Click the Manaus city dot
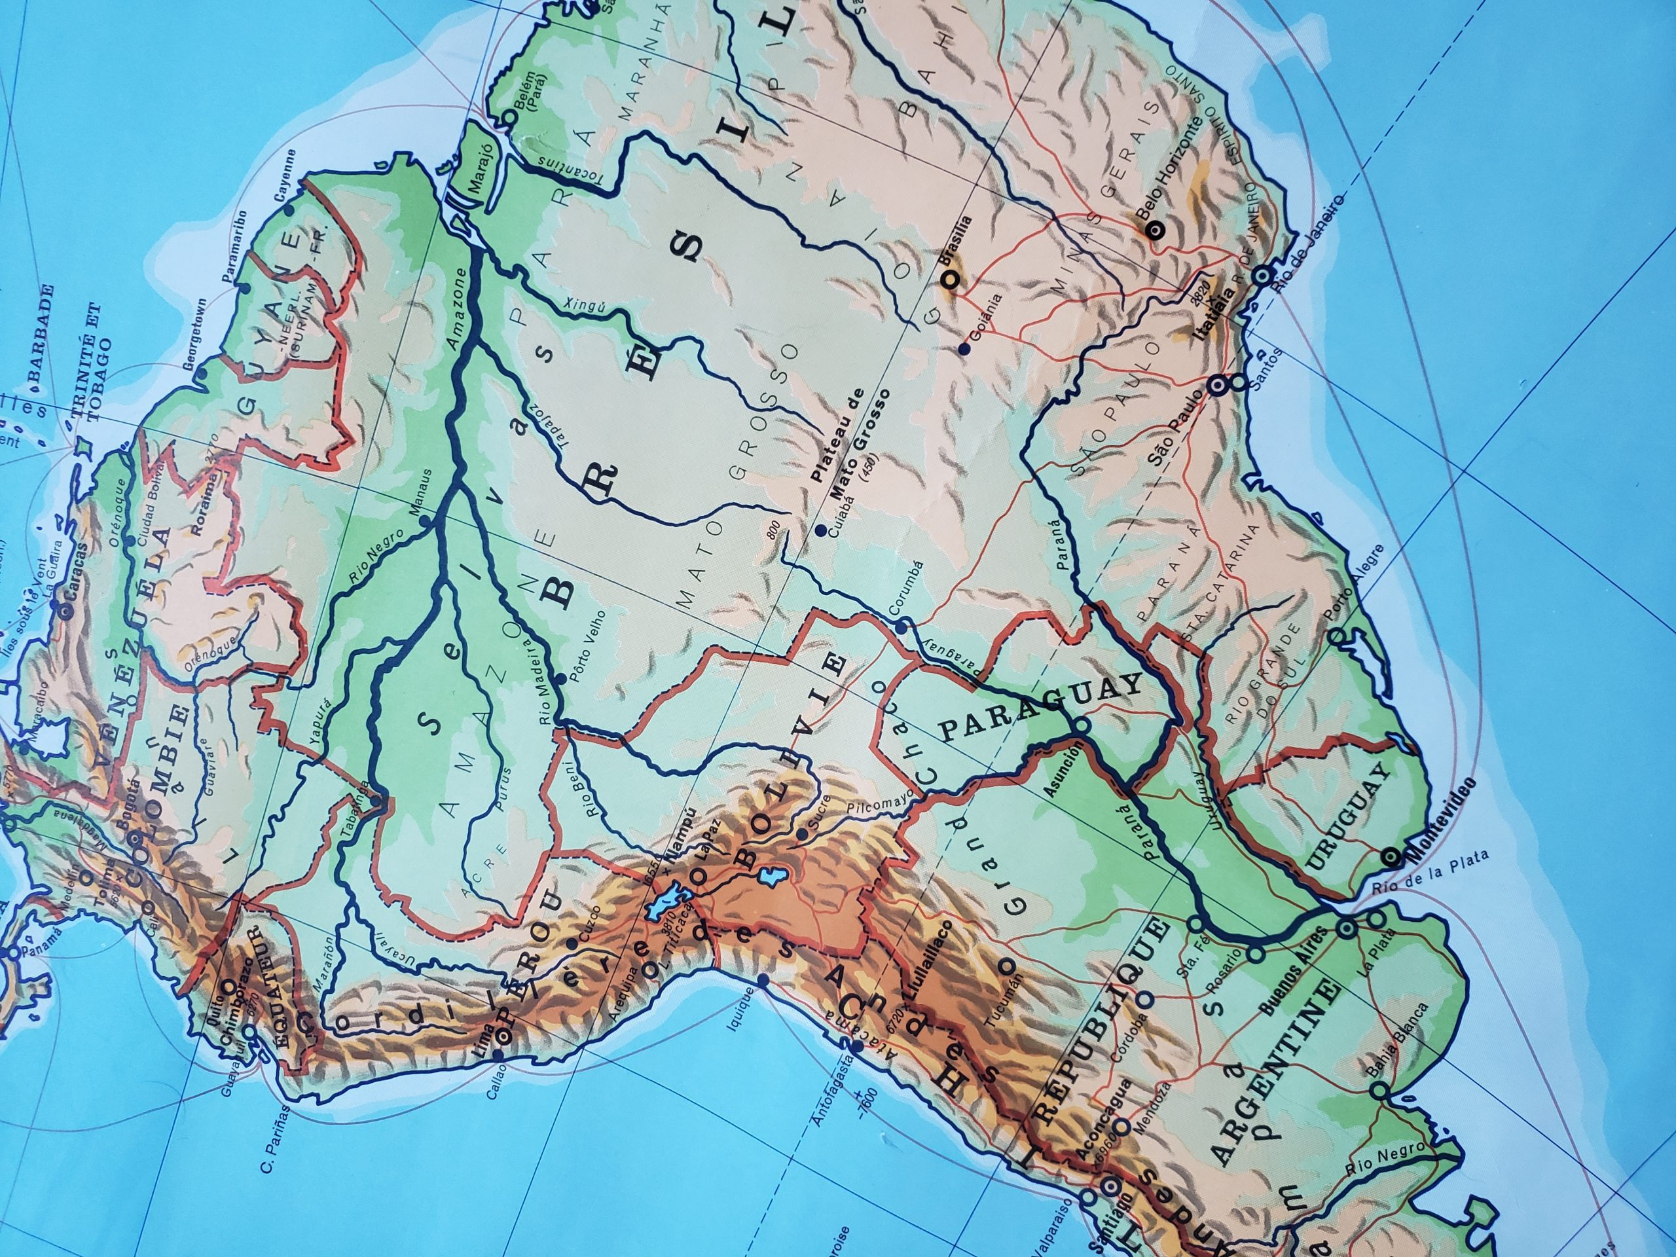pos(424,521)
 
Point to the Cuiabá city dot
pos(820,531)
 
